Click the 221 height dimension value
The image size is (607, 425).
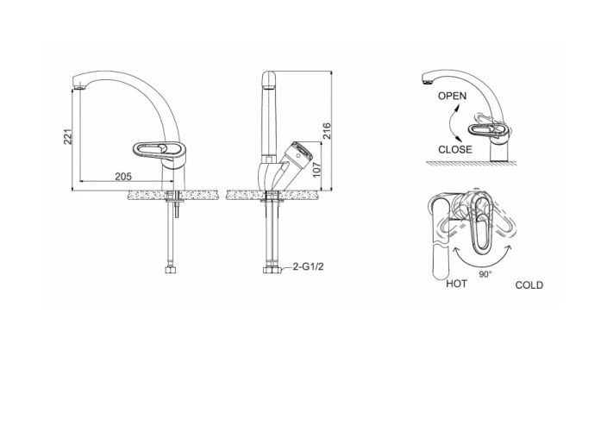tap(68, 136)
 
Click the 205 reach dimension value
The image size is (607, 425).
tap(123, 177)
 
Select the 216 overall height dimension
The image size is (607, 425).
tap(327, 131)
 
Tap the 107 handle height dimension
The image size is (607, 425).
tap(316, 170)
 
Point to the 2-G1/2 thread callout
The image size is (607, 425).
tap(308, 266)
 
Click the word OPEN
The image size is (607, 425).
tap(452, 96)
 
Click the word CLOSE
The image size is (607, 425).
tap(455, 149)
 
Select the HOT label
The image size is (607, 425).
tap(456, 284)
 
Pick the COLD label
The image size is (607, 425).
tap(529, 285)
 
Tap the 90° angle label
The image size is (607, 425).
tap(485, 274)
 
